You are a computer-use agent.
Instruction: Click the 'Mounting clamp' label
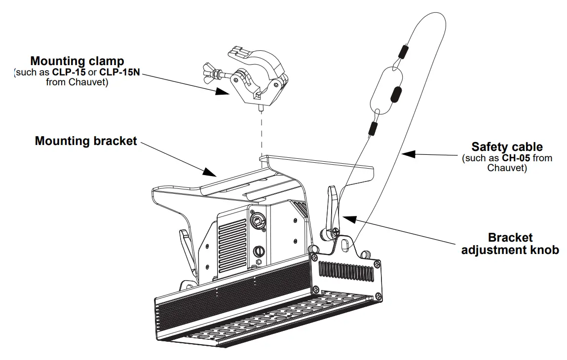(77, 61)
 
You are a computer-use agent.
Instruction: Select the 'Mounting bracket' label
(85, 141)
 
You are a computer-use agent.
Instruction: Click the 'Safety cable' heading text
(507, 147)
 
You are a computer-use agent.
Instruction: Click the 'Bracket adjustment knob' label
(510, 244)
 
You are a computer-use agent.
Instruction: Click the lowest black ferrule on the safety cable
(373, 129)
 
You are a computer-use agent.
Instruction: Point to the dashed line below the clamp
(261, 133)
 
